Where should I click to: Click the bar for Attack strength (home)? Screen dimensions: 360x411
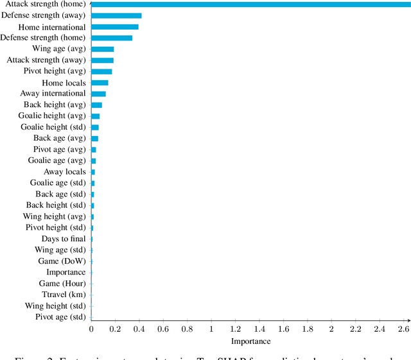250,4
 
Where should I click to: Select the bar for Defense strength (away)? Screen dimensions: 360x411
116,15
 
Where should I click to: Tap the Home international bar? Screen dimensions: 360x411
115,27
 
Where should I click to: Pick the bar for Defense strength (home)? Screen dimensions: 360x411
112,38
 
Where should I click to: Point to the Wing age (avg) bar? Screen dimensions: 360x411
103,49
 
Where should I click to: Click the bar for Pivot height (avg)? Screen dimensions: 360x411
101,71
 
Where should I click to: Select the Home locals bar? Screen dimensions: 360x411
100,83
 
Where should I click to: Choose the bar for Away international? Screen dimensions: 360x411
98,94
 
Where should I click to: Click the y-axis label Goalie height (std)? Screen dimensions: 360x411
53,127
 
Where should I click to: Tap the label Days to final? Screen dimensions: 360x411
64,239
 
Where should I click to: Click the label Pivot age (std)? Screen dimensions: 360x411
60,317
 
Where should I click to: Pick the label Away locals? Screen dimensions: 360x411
64,172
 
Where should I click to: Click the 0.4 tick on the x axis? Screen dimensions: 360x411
139,329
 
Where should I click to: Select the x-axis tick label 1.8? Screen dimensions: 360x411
308,329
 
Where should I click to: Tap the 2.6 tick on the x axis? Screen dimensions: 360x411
403,329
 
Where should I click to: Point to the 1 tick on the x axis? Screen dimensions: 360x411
211,329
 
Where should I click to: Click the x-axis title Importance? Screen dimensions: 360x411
250,341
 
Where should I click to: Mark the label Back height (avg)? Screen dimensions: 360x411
55,105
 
